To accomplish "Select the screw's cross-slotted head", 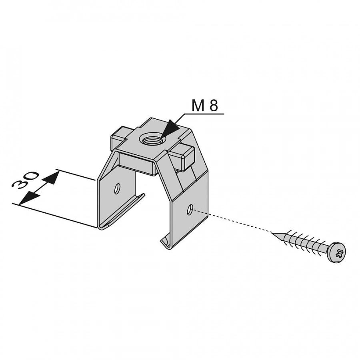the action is (x=336, y=252).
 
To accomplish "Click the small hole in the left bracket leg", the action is (x=118, y=189).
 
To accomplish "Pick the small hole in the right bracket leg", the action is (x=190, y=209).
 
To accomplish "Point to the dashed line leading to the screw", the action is (x=232, y=221).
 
